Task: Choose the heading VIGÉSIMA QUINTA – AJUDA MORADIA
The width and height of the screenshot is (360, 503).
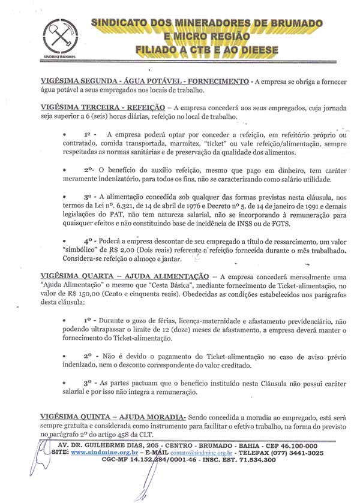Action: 112,417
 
